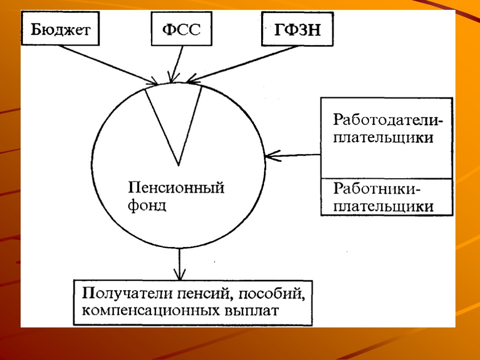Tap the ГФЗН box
(297, 30)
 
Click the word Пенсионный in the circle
(176, 189)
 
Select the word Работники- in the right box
(377, 190)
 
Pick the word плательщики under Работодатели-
(383, 138)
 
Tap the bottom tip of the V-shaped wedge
(178, 165)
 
